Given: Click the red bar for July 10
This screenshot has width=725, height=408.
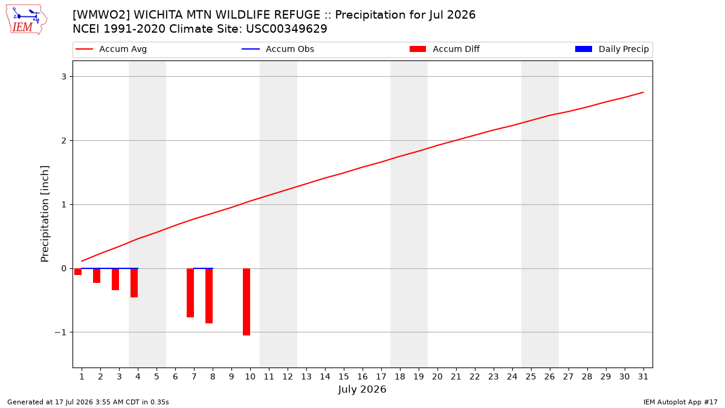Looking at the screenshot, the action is coord(246,302).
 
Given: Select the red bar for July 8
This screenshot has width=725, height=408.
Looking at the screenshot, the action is coord(209,296).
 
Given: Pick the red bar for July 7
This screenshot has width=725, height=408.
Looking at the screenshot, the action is coord(190,293).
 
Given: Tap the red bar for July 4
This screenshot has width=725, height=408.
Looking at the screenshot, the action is coord(134,283).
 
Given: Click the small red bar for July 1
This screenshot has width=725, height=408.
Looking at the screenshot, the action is coord(78,271).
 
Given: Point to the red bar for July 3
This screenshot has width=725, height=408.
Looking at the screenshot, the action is coord(115,279).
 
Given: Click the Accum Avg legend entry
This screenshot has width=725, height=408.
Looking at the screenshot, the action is coord(111,49).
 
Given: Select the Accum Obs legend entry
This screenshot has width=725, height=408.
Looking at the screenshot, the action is coord(278,49).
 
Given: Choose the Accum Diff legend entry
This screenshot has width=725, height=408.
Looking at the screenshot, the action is coord(445,49).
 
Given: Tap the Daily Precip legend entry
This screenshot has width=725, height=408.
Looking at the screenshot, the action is coord(611,49).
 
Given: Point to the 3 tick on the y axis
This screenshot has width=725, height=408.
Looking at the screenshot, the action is coord(64,77).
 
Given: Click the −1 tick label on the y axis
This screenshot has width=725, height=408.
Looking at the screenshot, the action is coord(60,332).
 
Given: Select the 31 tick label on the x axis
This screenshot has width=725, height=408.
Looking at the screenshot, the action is coord(643,377).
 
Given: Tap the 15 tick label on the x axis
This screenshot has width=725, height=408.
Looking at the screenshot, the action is coord(344,377).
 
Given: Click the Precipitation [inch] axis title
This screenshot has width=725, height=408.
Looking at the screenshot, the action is coord(45,214).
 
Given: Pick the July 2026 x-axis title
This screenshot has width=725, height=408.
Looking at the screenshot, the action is coord(362,389).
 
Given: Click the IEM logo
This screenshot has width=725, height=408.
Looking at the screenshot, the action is coord(27,20).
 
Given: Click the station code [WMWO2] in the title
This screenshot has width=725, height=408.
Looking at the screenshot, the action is coord(101,15).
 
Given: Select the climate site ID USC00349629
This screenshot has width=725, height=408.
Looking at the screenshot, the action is coord(286,29).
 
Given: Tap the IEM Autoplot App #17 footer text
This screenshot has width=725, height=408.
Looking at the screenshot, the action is coord(680,402).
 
